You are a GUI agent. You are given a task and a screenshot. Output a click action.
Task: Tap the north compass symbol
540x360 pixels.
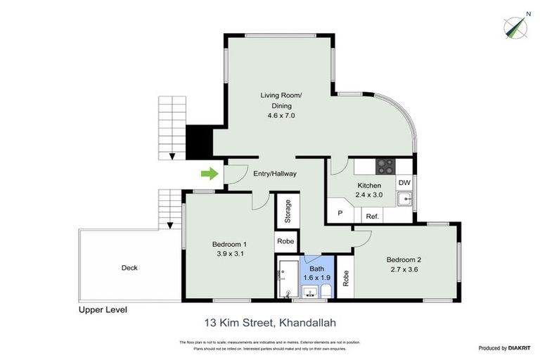tap(517, 27)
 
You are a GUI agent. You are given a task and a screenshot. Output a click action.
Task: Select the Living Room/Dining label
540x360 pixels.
tap(281, 100)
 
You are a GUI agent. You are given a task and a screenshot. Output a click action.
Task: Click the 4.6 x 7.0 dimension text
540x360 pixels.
tap(281, 116)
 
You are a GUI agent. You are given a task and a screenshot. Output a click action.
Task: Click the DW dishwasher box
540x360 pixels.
tap(404, 182)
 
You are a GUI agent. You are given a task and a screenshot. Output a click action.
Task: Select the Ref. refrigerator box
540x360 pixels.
tap(372, 216)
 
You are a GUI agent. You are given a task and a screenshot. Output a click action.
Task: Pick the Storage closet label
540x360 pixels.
tap(288, 212)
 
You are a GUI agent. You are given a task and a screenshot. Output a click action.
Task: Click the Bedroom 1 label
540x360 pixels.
tap(229, 245)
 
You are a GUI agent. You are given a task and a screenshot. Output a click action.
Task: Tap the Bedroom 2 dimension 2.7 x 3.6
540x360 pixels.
tap(405, 269)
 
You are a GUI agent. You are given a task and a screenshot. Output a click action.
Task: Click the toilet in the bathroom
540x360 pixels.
tap(327, 291)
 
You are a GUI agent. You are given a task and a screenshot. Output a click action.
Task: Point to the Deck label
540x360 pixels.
tap(129, 267)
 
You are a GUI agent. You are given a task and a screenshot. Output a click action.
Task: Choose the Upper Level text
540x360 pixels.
tap(103, 309)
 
